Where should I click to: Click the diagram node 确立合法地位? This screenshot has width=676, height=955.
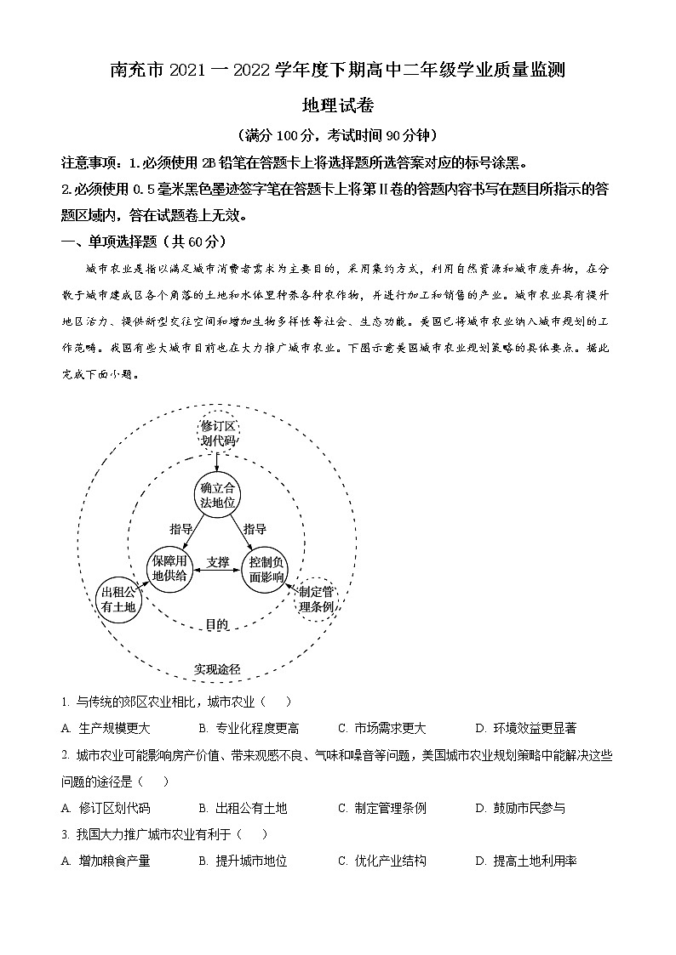point(218,494)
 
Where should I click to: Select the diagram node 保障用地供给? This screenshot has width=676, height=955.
point(169,567)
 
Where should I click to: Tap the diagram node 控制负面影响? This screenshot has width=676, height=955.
point(266,567)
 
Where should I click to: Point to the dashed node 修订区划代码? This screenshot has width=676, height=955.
point(218,433)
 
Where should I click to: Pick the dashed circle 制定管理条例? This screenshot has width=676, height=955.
point(318,599)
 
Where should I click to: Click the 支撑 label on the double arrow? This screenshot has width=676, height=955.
point(218,562)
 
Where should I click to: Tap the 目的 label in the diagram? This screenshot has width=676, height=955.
point(217,624)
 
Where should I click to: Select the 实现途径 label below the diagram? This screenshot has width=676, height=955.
point(217,669)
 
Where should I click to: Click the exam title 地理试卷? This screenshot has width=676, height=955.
point(338,105)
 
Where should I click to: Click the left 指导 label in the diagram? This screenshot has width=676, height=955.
point(181,528)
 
